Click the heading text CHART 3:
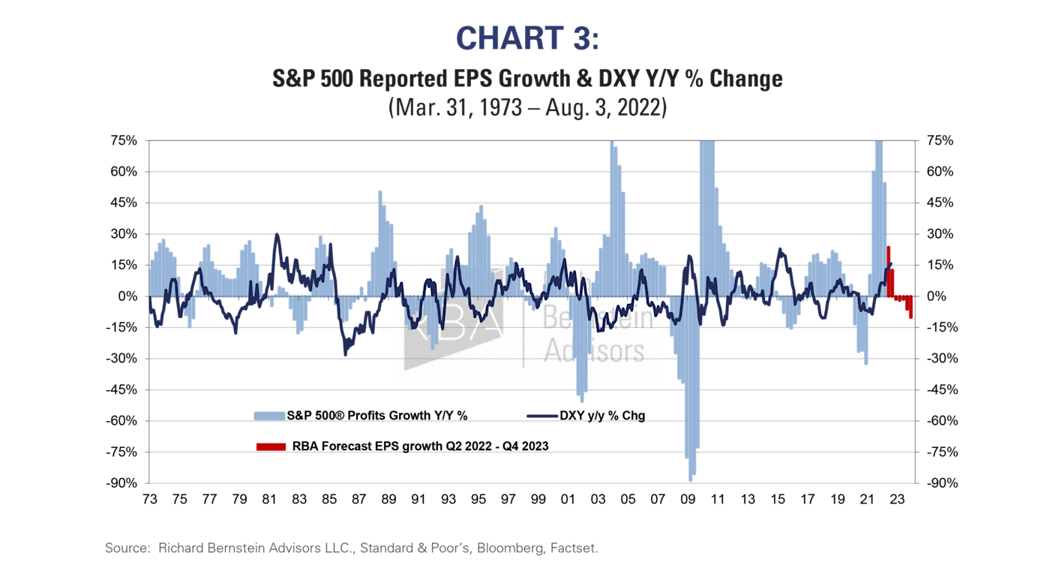click(527, 38)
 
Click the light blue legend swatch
click(269, 416)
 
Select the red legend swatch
click(270, 446)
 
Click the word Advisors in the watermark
click(593, 350)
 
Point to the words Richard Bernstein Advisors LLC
click(256, 548)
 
